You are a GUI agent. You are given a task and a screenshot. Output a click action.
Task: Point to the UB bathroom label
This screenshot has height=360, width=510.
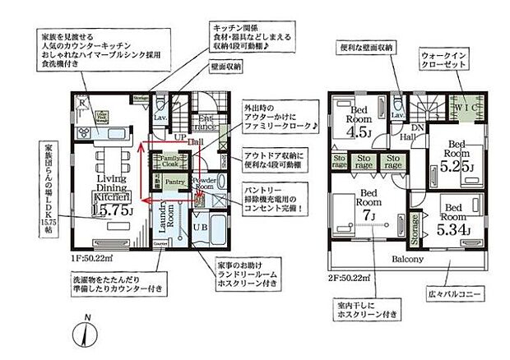tap(199, 227)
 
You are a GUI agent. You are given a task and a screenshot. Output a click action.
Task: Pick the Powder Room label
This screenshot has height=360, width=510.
tap(203, 182)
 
